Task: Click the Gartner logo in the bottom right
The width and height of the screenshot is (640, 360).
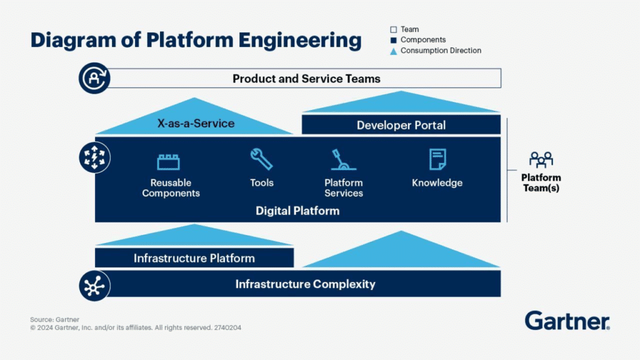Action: pyautogui.click(x=567, y=321)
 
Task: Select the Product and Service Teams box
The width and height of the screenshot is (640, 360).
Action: pyautogui.click(x=306, y=79)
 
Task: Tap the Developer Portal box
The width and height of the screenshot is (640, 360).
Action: pyautogui.click(x=401, y=125)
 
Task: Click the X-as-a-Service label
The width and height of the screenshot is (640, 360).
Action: pyautogui.click(x=196, y=123)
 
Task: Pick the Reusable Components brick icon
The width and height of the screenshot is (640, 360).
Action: pyautogui.click(x=168, y=162)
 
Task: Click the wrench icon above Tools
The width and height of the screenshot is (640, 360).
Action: pyautogui.click(x=261, y=159)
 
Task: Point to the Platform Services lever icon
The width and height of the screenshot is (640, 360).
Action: pyautogui.click(x=343, y=160)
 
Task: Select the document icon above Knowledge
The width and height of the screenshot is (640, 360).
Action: pyautogui.click(x=437, y=159)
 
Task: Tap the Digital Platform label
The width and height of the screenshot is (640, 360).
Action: pyautogui.click(x=297, y=211)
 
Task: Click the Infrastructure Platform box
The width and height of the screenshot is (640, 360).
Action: pyautogui.click(x=194, y=258)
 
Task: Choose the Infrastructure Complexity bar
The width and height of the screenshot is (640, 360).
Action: pyautogui.click(x=305, y=284)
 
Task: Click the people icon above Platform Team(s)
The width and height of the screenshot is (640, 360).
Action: pyautogui.click(x=541, y=159)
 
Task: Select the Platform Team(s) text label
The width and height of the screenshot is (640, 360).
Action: pyautogui.click(x=541, y=182)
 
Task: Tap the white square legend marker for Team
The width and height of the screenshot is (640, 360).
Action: pyautogui.click(x=393, y=29)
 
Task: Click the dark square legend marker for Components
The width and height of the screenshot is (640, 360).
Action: pyautogui.click(x=393, y=40)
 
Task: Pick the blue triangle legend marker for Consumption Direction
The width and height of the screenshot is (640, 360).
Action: pyautogui.click(x=393, y=51)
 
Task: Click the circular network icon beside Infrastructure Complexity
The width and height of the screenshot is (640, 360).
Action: pyautogui.click(x=94, y=286)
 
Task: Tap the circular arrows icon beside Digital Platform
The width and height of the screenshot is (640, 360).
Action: pyautogui.click(x=94, y=157)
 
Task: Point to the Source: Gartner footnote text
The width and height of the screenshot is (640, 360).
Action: pyautogui.click(x=54, y=319)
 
